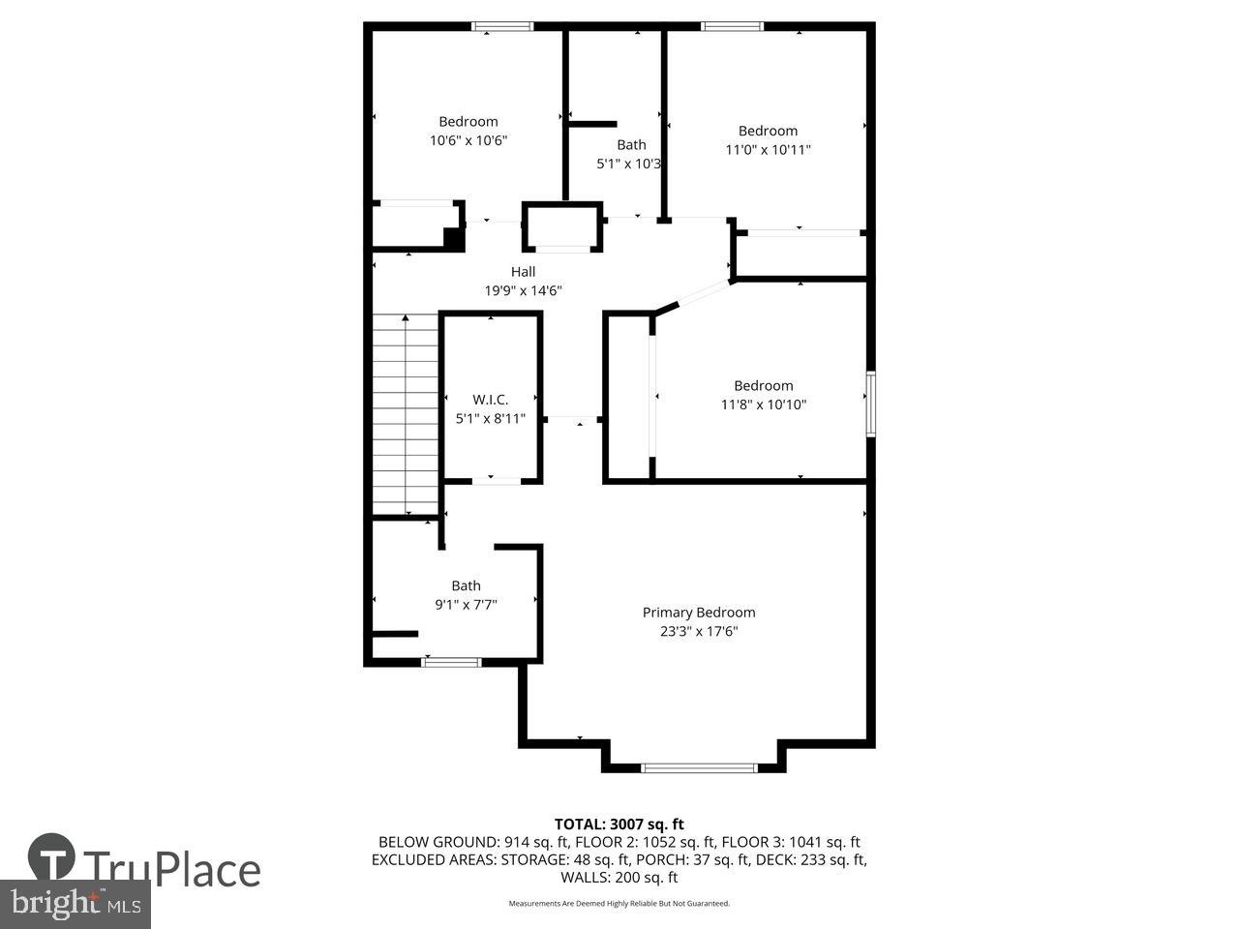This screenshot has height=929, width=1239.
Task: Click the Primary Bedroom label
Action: (699, 613)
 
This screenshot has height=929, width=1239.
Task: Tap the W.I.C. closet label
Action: (490, 400)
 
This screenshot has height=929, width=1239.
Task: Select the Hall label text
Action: (523, 272)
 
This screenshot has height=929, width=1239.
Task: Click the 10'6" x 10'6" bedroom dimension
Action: (468, 140)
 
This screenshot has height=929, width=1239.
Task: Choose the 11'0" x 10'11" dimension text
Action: (768, 150)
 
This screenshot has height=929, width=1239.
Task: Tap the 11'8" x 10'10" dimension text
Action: (763, 405)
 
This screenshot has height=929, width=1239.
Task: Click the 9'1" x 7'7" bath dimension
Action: (466, 605)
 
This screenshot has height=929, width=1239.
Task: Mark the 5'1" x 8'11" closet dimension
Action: (490, 419)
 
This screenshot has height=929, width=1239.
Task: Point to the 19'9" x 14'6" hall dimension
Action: (523, 290)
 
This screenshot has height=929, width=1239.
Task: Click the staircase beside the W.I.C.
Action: (406, 414)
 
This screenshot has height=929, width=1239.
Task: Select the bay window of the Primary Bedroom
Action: (699, 768)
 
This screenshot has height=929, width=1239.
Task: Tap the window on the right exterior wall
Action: (871, 405)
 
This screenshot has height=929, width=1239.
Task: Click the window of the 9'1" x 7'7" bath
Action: (451, 663)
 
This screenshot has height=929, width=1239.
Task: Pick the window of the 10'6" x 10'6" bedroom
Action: (502, 27)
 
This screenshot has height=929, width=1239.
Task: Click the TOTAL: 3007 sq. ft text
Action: (619, 824)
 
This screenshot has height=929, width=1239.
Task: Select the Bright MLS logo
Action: (73, 905)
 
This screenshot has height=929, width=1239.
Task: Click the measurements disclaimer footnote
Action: (619, 904)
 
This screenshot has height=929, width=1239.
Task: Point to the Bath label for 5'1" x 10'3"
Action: (631, 145)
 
